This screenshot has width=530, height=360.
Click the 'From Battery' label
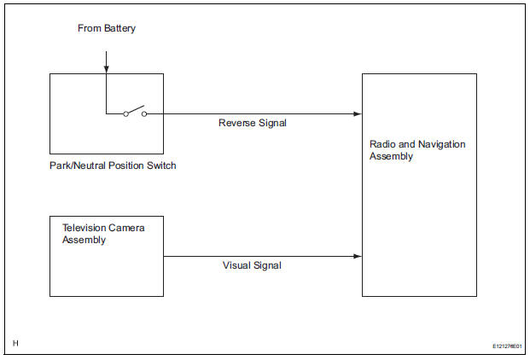(107, 28)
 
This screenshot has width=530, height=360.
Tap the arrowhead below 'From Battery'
(106, 69)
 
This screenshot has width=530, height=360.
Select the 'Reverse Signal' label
(253, 123)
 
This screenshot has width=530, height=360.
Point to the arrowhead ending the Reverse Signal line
(358, 113)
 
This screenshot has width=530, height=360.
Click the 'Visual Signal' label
(252, 265)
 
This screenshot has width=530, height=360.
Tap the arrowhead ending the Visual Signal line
(358, 256)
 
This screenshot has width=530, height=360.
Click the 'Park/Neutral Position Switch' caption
(113, 165)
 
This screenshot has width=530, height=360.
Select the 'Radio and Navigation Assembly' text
(417, 150)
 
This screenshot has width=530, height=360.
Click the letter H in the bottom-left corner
(15, 344)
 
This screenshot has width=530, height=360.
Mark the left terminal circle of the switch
(125, 113)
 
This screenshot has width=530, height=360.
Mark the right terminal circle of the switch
(143, 113)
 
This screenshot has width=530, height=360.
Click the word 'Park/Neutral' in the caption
(78, 165)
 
